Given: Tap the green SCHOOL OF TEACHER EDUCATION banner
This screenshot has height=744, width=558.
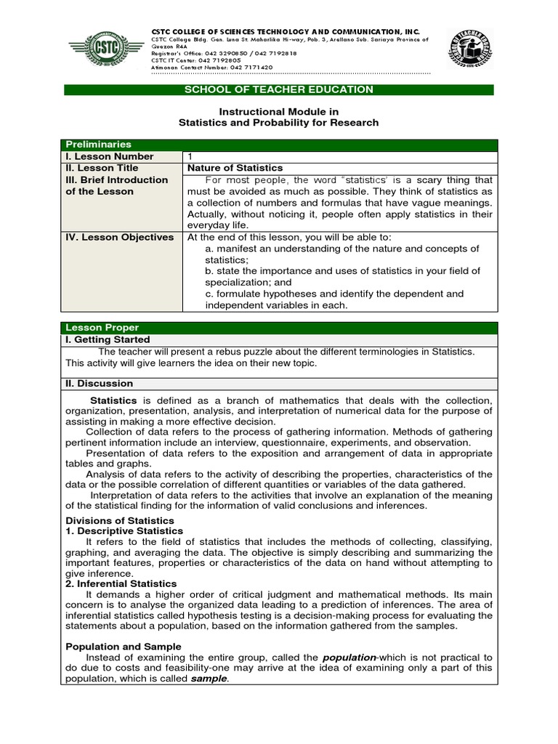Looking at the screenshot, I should tap(279, 90).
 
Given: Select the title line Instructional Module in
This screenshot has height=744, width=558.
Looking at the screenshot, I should tap(279, 112).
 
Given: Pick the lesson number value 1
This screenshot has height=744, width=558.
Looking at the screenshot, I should tap(190, 156).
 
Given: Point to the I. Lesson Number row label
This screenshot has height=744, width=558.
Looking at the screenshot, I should tap(110, 156).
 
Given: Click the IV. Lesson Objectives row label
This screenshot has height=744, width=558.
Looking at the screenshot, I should tap(120, 237).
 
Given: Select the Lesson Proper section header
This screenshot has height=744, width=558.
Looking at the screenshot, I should tap(102, 328).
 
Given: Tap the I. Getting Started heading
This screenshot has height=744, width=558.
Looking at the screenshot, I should tap(108, 339).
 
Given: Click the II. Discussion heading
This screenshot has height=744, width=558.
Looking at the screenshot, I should tap(100, 383).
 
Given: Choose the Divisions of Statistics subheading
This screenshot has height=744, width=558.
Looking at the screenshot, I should tap(120, 520).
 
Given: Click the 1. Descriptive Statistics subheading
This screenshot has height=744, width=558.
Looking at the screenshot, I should tap(124, 531).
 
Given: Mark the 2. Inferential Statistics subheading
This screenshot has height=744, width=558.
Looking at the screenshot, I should tap(121, 583).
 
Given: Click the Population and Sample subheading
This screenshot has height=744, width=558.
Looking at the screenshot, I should tap(124, 647).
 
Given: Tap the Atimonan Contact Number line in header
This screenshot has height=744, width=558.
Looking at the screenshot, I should tap(211, 67).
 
